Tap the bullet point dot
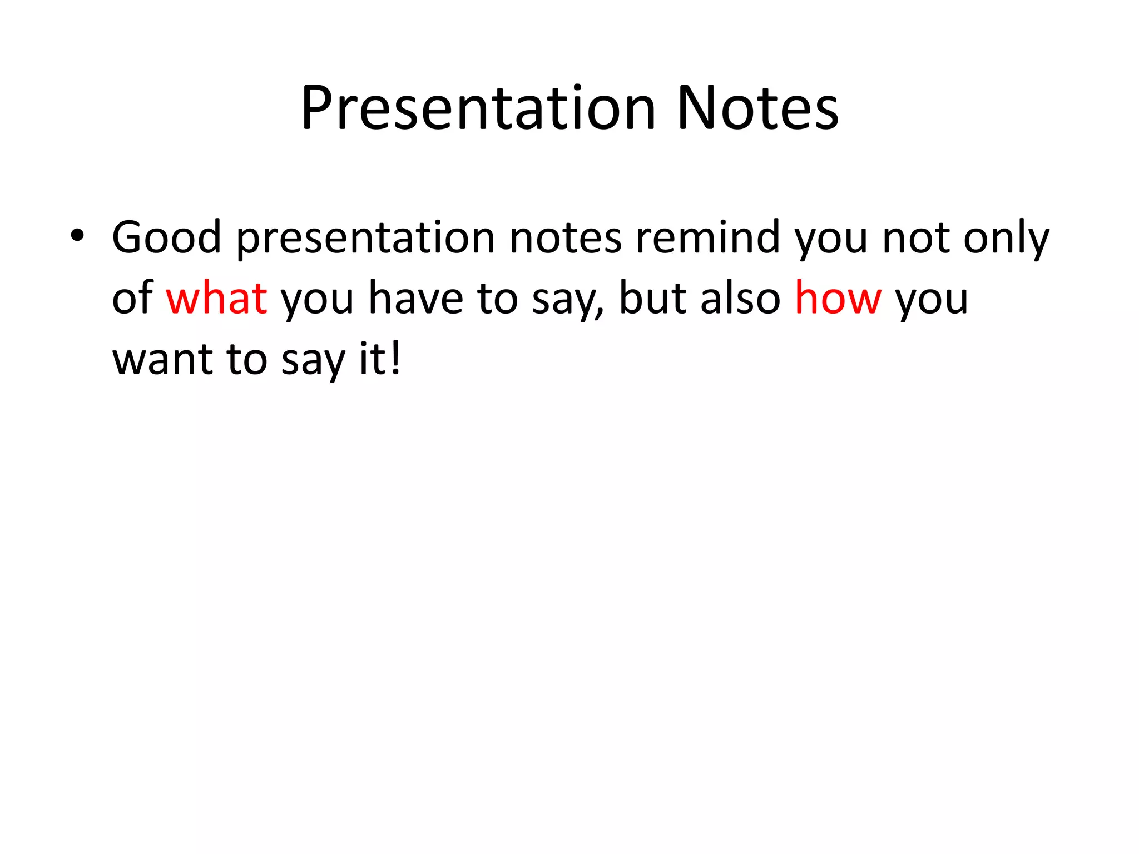(77, 236)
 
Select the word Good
(166, 237)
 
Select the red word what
(216, 298)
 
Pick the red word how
(838, 298)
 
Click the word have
(415, 298)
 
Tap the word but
(652, 298)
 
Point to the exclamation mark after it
(395, 358)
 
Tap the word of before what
(132, 298)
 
